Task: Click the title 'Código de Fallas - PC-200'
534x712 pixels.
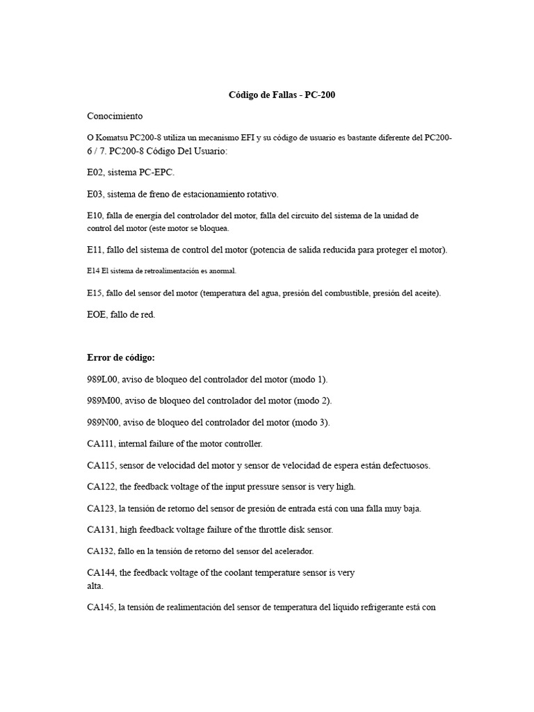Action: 282,95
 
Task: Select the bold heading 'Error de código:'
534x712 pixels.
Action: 121,357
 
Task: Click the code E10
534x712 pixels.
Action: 94,216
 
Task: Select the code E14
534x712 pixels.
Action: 93,271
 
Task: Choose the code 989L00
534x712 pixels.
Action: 101,379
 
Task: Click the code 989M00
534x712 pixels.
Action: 102,400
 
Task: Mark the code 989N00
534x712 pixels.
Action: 102,422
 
